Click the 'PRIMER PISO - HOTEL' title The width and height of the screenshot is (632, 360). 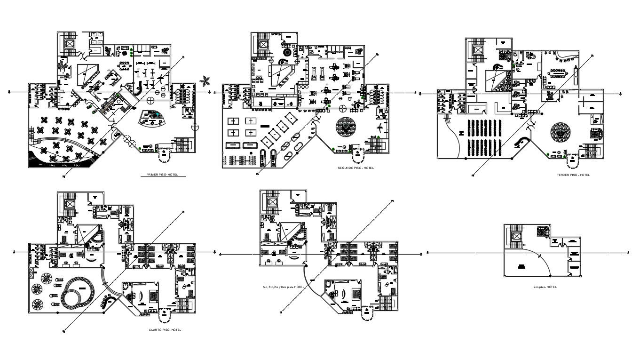click(163, 175)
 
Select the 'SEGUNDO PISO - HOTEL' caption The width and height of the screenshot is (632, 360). click(355, 168)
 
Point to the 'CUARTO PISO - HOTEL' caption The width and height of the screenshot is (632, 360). click(165, 330)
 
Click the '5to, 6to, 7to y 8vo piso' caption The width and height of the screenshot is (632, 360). click(281, 287)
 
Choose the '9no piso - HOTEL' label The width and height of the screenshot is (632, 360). click(545, 287)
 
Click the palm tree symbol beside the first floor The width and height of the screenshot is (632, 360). click(204, 81)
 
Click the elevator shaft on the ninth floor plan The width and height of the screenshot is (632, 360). click(517, 236)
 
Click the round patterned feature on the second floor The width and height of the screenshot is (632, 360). click(348, 126)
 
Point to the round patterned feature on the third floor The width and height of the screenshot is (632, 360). click(561, 132)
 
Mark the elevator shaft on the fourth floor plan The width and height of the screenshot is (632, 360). click(70, 204)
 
